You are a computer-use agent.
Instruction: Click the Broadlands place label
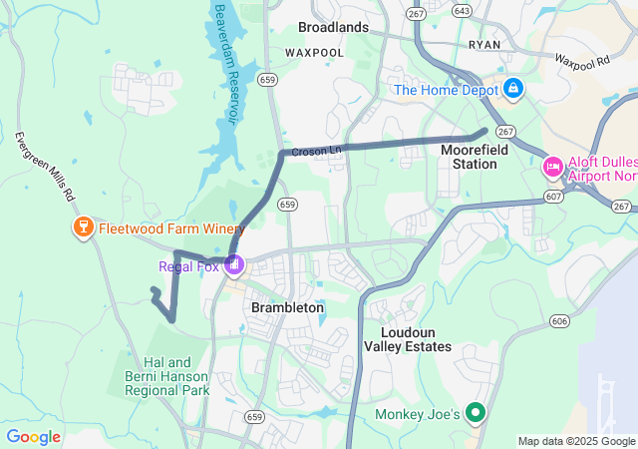click(333, 27)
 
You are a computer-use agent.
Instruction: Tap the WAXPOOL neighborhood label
click(313, 51)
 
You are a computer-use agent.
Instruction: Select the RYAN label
click(484, 46)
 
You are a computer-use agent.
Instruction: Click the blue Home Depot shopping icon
click(513, 90)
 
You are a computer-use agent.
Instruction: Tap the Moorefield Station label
click(469, 156)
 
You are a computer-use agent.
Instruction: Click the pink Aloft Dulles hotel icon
click(551, 166)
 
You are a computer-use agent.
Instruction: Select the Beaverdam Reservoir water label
click(226, 61)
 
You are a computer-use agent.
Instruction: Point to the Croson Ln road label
click(316, 151)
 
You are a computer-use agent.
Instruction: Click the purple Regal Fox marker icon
click(234, 265)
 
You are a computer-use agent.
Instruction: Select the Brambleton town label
click(287, 308)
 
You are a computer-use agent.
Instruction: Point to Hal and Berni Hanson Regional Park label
click(166, 377)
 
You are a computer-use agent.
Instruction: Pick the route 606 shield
click(559, 321)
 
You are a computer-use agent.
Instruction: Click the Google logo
click(34, 437)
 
